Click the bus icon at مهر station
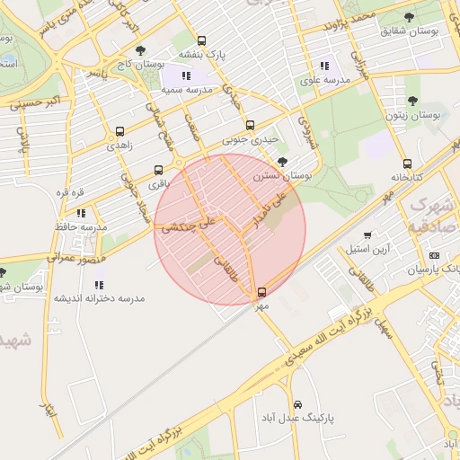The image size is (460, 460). [x=262, y=292]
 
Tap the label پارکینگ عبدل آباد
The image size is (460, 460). [x=301, y=419]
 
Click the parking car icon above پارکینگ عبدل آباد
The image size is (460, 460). [x=298, y=404]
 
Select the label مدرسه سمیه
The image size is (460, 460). [x=186, y=91]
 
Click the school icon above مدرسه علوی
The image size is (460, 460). [x=324, y=66]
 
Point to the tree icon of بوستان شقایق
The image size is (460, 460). [x=410, y=17]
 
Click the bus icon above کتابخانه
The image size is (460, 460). [x=408, y=164]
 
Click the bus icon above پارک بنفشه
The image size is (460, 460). [x=201, y=40]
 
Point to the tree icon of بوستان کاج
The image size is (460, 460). [x=138, y=51]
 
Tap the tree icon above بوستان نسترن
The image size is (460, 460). [x=283, y=162]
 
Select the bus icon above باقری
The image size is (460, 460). [x=159, y=170]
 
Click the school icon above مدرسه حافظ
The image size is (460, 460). [x=81, y=214]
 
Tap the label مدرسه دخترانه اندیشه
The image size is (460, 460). [x=99, y=298]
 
